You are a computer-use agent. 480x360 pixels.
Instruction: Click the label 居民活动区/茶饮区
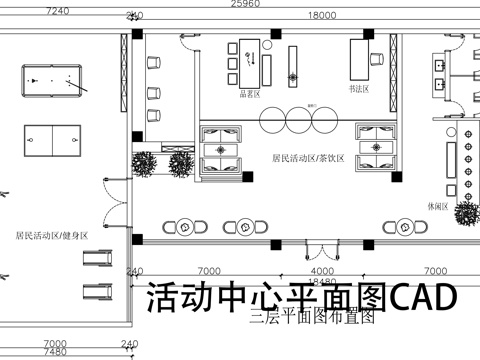307,158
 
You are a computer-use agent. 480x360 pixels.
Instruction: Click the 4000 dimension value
321,271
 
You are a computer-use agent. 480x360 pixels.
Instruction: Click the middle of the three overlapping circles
299,119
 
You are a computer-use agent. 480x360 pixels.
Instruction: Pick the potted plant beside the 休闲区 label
466,211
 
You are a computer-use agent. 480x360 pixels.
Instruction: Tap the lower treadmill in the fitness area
95,293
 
